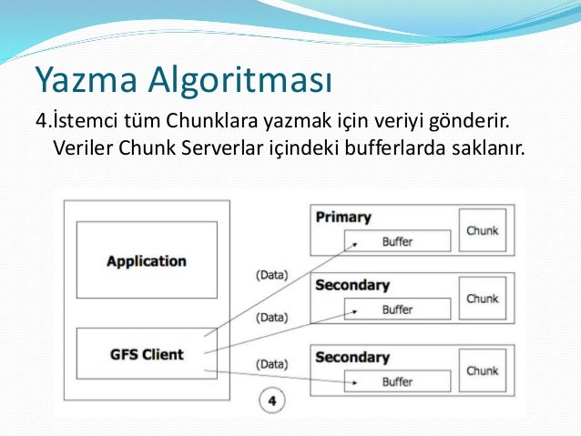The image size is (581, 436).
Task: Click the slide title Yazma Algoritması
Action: (x=183, y=81)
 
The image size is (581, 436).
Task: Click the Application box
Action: (x=146, y=260)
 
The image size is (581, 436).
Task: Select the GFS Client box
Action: (x=146, y=354)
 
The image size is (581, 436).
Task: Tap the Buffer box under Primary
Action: (x=397, y=241)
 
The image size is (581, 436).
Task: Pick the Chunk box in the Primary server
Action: (x=482, y=230)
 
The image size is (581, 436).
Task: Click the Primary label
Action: (x=343, y=218)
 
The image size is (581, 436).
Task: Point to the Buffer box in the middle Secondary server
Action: (x=397, y=309)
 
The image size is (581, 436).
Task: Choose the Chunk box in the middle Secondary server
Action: (x=482, y=299)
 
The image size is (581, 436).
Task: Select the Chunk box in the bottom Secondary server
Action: (x=482, y=370)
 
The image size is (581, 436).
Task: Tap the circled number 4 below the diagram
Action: (x=270, y=398)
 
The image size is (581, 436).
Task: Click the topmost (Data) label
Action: (x=272, y=274)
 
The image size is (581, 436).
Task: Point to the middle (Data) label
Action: (x=272, y=318)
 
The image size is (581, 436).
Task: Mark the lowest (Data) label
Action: (x=272, y=364)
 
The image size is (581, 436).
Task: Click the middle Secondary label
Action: (x=352, y=285)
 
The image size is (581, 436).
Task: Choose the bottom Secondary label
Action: (x=352, y=357)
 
